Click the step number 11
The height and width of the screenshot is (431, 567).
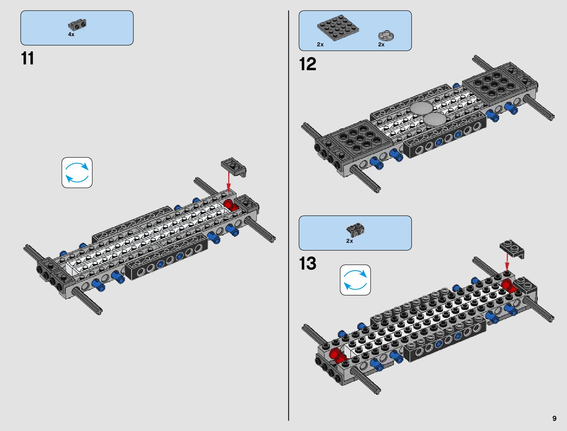click(28, 59)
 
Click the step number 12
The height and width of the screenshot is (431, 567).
click(308, 64)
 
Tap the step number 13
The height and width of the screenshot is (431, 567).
click(308, 263)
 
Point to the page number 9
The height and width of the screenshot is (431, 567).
click(554, 418)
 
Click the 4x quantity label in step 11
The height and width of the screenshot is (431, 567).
click(71, 34)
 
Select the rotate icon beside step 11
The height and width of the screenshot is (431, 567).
click(77, 173)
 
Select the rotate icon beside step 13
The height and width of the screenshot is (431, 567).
click(355, 280)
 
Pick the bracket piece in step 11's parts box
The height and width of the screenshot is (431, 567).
click(77, 25)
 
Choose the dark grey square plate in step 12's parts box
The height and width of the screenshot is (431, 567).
click(337, 28)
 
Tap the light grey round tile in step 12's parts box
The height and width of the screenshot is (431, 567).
click(386, 36)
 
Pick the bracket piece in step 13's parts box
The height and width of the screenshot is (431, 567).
click(355, 229)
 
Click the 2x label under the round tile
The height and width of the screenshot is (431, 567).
click(381, 45)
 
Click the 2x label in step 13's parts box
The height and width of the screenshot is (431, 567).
click(349, 241)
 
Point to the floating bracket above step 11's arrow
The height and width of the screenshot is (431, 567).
click(233, 166)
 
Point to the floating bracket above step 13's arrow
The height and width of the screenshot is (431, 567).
click(512, 248)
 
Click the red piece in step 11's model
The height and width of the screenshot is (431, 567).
click(229, 204)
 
